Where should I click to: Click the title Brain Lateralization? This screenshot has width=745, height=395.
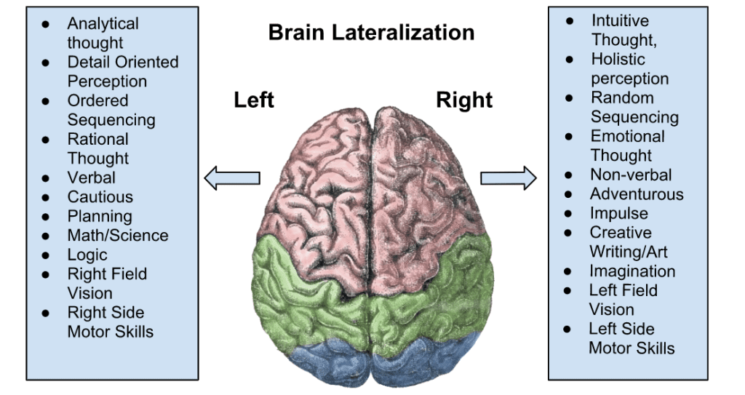tap(371, 33)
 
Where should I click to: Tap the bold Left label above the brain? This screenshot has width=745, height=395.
tap(254, 100)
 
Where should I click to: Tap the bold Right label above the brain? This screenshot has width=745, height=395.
tap(464, 100)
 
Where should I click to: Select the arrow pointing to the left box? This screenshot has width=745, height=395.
tap(232, 177)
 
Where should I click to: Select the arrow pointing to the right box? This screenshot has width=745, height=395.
tap(508, 177)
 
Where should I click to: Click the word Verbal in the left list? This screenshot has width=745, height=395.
tap(92, 177)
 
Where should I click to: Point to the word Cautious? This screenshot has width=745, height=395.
tap(100, 197)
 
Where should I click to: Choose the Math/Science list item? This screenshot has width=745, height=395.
tap(118, 236)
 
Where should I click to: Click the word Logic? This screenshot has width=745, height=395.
tap(87, 255)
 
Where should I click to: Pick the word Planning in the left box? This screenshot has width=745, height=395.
tap(100, 216)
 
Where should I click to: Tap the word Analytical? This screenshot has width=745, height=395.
tap(103, 24)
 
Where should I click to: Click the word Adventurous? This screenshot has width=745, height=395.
tap(637, 194)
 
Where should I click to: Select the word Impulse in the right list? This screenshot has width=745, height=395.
tap(618, 214)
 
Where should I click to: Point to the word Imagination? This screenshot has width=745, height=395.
tap(632, 271)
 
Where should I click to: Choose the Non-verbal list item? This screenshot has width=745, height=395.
tap(631, 175)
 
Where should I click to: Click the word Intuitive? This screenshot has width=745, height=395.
tap(620, 20)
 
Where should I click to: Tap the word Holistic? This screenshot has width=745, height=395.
tap(618, 59)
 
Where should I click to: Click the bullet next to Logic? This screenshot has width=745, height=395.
tap(46, 255)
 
